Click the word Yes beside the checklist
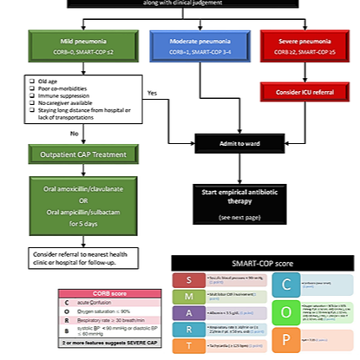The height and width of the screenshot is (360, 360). (x=152, y=93)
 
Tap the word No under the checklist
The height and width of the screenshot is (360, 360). (x=74, y=134)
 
